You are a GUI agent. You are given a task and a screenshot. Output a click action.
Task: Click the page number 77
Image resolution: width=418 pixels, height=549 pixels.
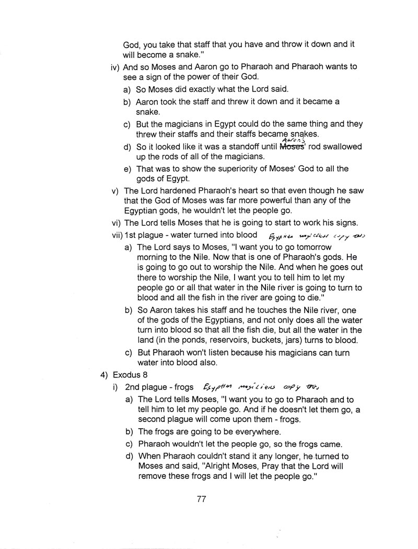(x=202, y=499)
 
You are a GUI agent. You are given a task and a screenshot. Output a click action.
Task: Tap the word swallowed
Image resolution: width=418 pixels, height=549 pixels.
(x=340, y=147)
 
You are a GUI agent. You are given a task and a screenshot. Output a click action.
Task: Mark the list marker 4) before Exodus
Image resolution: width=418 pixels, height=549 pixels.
(x=104, y=375)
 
